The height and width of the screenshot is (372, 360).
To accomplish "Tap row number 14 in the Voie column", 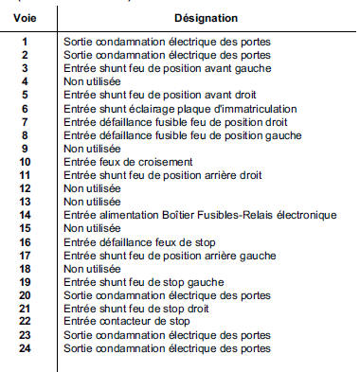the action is pyautogui.click(x=26, y=215).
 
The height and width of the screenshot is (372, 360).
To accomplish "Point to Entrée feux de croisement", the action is pyautogui.click(x=116, y=162).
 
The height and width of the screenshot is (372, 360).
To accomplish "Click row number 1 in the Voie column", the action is pyautogui.click(x=26, y=43).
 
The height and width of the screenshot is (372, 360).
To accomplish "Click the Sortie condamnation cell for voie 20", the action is pyautogui.click(x=167, y=295).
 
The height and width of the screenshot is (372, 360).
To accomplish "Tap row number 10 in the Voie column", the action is pyautogui.click(x=26, y=162).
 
